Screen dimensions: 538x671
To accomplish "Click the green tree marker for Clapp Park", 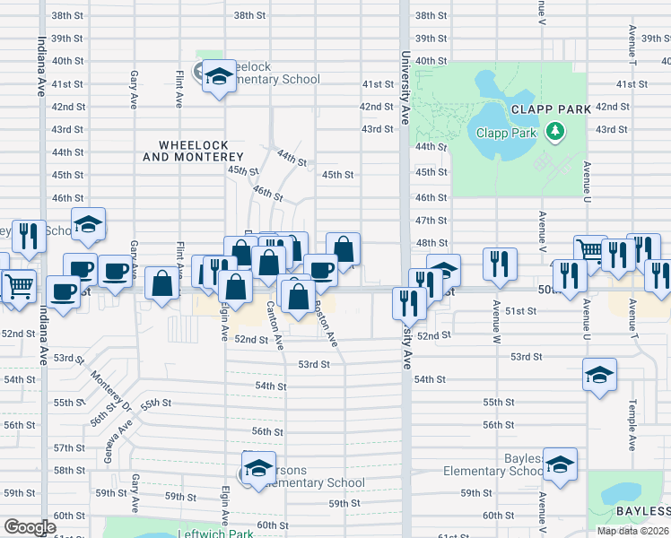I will click(x=556, y=133).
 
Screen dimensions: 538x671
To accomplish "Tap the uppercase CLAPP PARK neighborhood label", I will click(x=550, y=108).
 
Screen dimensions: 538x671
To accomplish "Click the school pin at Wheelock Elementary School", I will click(x=218, y=76).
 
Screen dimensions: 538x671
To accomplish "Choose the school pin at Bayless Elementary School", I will click(x=560, y=466).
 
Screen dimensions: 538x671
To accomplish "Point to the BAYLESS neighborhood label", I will click(x=642, y=511).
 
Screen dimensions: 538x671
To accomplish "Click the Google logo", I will click(x=29, y=526).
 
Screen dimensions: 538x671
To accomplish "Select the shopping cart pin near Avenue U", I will click(x=589, y=250).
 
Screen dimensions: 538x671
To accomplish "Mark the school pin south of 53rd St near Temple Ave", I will click(x=599, y=375).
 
